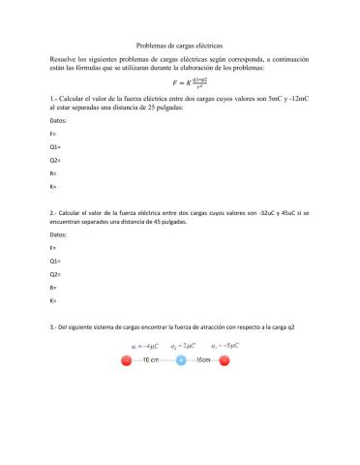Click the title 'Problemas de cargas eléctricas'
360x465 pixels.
click(x=179, y=45)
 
